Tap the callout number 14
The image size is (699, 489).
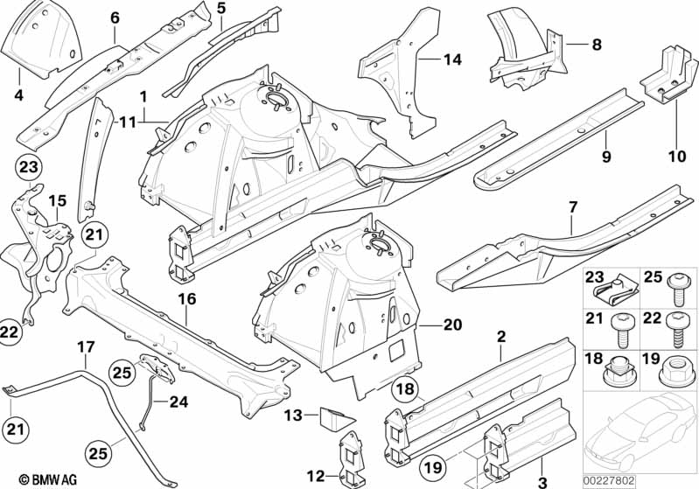451,59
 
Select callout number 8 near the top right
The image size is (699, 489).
596,43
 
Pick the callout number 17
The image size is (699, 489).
84,347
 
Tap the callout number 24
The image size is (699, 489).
178,403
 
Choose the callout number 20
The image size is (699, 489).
451,324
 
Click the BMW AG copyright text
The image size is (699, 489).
31,479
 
